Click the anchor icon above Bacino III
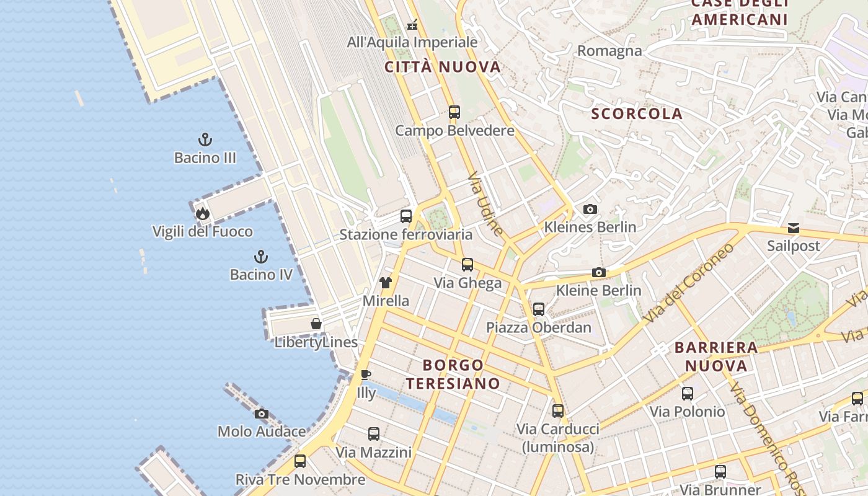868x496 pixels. (205, 139)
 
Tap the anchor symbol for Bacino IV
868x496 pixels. (261, 256)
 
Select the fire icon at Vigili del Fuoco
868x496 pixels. (202, 214)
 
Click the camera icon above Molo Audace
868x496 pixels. (261, 414)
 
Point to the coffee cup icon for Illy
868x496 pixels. (366, 374)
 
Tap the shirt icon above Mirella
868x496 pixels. (386, 283)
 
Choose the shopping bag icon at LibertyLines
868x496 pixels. (316, 324)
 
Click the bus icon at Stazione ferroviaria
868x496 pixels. (406, 216)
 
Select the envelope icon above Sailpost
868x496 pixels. (794, 228)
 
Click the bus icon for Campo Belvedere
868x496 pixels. (454, 112)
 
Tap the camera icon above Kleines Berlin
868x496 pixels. (590, 209)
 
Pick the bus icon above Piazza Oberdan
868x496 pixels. (539, 309)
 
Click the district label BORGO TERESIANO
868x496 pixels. (453, 374)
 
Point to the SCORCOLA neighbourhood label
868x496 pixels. (637, 113)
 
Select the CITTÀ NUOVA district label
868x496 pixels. (443, 67)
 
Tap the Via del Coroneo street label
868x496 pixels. (689, 282)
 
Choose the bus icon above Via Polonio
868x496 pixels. (687, 393)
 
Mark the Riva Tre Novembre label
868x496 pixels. (300, 479)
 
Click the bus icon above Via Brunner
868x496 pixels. (720, 471)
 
